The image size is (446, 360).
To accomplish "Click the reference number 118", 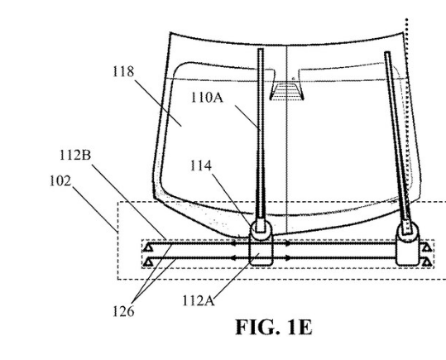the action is [123, 71].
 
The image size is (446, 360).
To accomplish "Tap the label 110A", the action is [207, 98].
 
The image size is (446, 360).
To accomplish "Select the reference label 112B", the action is [75, 156].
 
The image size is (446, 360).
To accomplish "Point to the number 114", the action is [201, 166].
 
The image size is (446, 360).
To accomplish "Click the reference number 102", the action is [60, 181].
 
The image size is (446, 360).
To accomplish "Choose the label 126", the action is [123, 311].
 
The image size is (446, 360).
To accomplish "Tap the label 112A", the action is [198, 300].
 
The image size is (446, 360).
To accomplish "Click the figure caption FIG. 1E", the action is [274, 327].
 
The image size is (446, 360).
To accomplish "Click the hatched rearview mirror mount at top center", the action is [286, 91].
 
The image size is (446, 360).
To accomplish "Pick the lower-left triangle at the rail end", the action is [147, 262].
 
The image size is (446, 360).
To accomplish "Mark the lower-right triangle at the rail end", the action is [427, 262].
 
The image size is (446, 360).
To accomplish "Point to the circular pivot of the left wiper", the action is [261, 229].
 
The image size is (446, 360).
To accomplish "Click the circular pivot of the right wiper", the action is [408, 231].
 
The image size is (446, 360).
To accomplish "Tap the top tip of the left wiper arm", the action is [261, 49].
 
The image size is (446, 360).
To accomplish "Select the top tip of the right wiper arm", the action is [387, 52].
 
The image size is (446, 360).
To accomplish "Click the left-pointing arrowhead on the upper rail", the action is [233, 243].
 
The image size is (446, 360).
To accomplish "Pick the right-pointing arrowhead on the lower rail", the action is [288, 258].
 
